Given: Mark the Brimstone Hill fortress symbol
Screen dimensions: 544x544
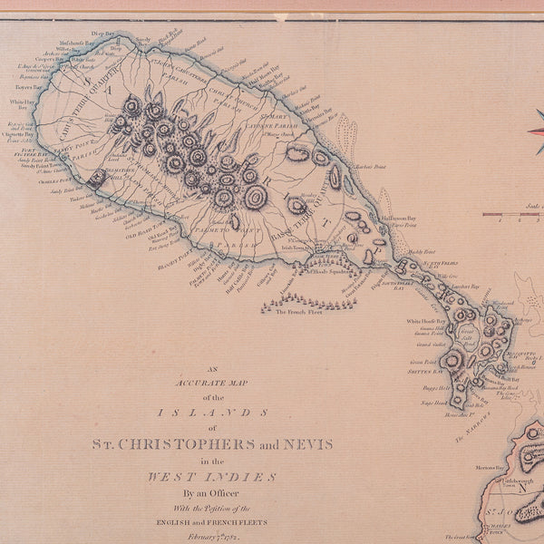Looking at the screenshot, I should coord(96,177).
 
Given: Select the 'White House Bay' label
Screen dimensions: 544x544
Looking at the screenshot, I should coord(426,321).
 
